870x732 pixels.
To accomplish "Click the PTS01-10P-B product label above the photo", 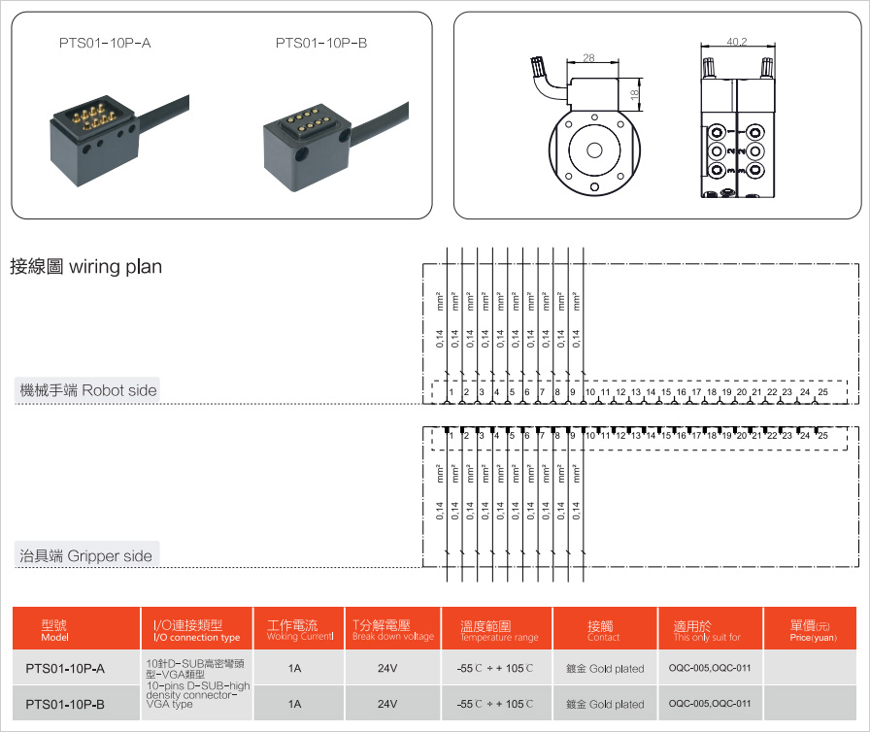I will [321, 43].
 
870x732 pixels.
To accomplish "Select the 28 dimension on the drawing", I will [589, 58].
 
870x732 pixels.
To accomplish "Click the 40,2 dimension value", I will [736, 42].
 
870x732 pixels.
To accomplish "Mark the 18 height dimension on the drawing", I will [634, 95].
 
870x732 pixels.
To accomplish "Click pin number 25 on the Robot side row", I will [822, 392].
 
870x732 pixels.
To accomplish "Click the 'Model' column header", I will [54, 629].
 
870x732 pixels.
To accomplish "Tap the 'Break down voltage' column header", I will [392, 631].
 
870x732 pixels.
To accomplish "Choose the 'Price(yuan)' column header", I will [812, 631].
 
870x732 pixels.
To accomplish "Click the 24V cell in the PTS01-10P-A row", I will [387, 668].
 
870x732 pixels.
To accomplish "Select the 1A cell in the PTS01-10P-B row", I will [294, 704].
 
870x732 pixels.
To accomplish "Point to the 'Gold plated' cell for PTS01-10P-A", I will [605, 669].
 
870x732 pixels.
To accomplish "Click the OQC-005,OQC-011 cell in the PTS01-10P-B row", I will [710, 704].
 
